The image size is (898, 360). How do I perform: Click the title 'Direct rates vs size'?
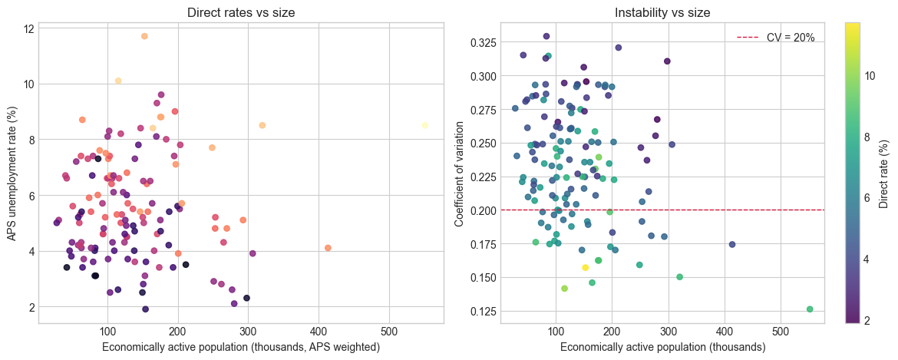240,12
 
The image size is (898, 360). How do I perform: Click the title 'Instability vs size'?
662,12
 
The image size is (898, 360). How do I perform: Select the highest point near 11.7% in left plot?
144,36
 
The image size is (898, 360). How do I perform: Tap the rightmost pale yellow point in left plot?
424,125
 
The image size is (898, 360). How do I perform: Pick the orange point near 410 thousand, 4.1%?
328,248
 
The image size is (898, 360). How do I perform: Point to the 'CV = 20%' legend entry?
775,37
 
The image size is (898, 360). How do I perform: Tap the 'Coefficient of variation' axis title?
460,173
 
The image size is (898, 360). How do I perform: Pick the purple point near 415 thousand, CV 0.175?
732,244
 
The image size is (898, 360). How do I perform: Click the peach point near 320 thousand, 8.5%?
262,125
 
